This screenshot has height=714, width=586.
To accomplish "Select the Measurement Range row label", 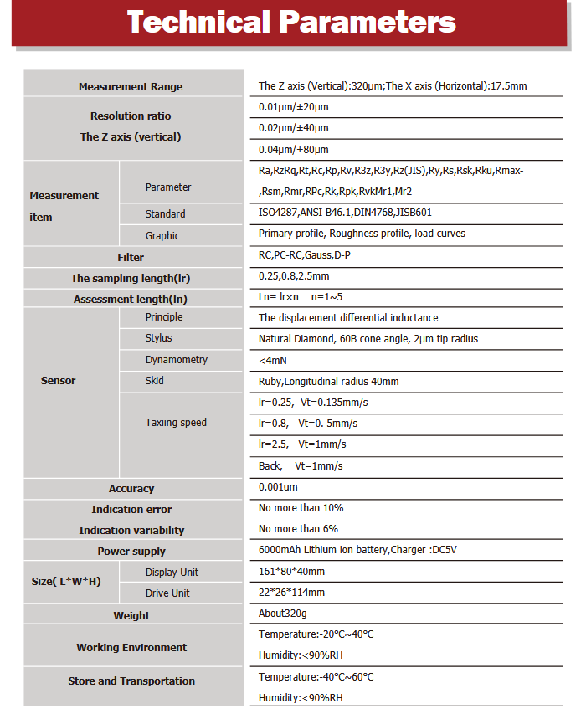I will pos(131,87).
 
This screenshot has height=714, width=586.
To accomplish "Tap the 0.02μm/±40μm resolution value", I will pos(294,128).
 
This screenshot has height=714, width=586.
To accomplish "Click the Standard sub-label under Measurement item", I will pos(165,214).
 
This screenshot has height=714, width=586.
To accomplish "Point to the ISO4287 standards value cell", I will pos(345,213).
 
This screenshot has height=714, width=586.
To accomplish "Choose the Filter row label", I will pos(131,258).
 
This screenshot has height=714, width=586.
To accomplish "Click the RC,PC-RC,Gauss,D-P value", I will pos(305,255).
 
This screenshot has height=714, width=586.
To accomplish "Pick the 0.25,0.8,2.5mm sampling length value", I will pos(294,276).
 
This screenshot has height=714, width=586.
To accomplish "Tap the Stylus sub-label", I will pos(158,338).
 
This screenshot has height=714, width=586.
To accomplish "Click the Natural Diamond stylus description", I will pos(368,339).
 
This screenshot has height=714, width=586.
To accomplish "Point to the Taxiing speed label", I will pos(176,423).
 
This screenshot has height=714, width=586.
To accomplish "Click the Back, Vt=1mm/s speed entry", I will pos(301,466).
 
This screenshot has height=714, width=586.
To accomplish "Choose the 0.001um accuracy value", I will pos(278,487).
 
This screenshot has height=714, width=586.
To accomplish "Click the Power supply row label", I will pos(131,552).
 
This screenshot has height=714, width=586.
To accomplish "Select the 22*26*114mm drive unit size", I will pos(291,593).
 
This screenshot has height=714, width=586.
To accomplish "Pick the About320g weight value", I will pos(283,614).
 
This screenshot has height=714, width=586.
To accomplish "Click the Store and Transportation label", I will pos(131,681).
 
